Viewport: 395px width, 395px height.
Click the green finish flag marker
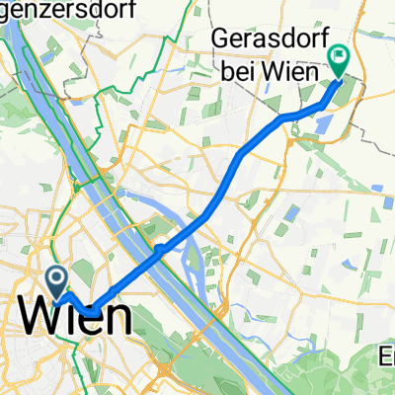coord(339,62)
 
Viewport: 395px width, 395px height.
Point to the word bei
coord(234,70)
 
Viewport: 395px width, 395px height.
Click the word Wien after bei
coord(289,70)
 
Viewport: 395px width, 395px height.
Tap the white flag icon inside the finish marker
coord(339,57)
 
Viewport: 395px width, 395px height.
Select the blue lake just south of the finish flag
coord(322,123)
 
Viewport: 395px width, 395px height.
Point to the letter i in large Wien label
coord(67,317)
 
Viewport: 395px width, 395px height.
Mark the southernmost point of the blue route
coord(89,313)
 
